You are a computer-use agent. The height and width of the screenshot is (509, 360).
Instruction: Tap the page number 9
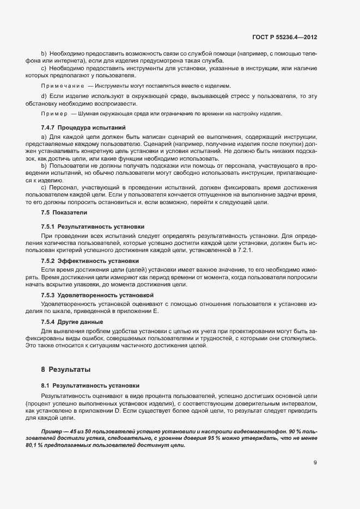coord(315,463)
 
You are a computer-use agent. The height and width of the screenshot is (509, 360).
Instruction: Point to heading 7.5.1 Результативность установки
coord(93,226)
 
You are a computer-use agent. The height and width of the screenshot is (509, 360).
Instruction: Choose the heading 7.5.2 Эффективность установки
coord(90,261)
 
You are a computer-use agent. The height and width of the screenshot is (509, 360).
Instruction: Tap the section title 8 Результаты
coord(66,369)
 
